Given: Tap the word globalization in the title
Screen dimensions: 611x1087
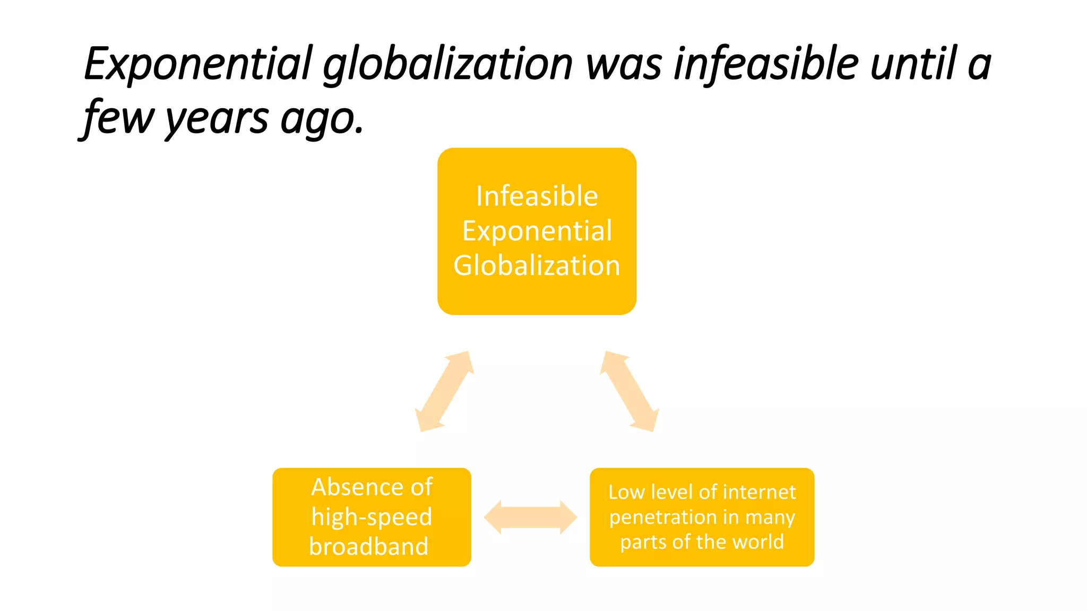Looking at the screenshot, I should pyautogui.click(x=448, y=65).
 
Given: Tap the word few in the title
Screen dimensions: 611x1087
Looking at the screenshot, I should pyautogui.click(x=118, y=118).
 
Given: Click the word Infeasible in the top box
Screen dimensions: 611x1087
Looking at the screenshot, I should pyautogui.click(x=537, y=196).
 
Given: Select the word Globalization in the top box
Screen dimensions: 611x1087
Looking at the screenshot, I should pyautogui.click(x=537, y=266).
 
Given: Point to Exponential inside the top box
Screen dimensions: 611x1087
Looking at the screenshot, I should pyautogui.click(x=537, y=231).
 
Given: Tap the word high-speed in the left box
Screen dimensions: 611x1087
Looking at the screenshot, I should pyautogui.click(x=372, y=517).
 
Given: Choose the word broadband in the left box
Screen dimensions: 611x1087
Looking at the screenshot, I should pyautogui.click(x=369, y=546).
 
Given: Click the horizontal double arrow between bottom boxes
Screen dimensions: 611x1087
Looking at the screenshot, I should pyautogui.click(x=530, y=517).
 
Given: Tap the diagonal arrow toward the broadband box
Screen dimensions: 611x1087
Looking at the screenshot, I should pyautogui.click(x=444, y=391).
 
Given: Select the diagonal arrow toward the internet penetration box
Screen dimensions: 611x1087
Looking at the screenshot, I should pyautogui.click(x=629, y=391).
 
